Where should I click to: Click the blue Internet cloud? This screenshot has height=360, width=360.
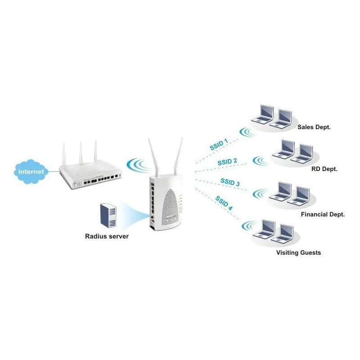[31, 171]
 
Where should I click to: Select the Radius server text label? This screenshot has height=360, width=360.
[107, 236]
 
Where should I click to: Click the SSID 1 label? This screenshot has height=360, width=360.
[219, 144]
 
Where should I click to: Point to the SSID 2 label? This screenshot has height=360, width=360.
[227, 162]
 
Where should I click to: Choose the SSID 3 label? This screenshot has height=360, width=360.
[230, 182]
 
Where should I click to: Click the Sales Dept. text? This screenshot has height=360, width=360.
[314, 127]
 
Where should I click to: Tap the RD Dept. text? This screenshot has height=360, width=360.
[324, 169]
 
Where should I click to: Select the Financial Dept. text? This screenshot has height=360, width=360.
[323, 215]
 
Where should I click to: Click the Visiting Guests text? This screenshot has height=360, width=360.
[298, 253]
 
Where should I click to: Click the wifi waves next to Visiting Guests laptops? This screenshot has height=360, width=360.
[247, 225]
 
